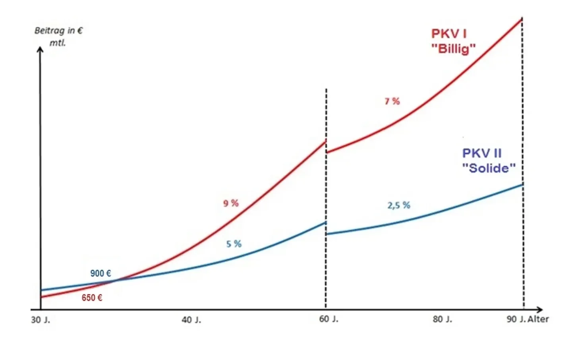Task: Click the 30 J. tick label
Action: (x=41, y=320)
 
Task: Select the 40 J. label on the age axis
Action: (x=191, y=320)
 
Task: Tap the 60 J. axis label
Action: (x=329, y=319)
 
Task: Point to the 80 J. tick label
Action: (x=442, y=319)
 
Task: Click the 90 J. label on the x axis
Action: (x=516, y=319)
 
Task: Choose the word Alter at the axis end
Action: (x=538, y=319)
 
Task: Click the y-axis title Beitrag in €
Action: (x=58, y=31)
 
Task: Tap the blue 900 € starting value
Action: (x=101, y=273)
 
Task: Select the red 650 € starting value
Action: (x=92, y=298)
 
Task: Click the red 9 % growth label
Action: (x=231, y=203)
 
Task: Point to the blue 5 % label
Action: (x=234, y=244)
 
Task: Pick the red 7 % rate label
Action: (x=392, y=101)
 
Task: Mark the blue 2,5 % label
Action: (x=399, y=205)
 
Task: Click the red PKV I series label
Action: (x=449, y=34)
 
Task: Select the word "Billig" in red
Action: (x=453, y=49)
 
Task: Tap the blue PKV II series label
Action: (x=481, y=153)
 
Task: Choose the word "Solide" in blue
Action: (x=489, y=168)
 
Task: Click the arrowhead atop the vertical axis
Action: (x=40, y=49)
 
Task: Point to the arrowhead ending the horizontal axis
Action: (x=539, y=310)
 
